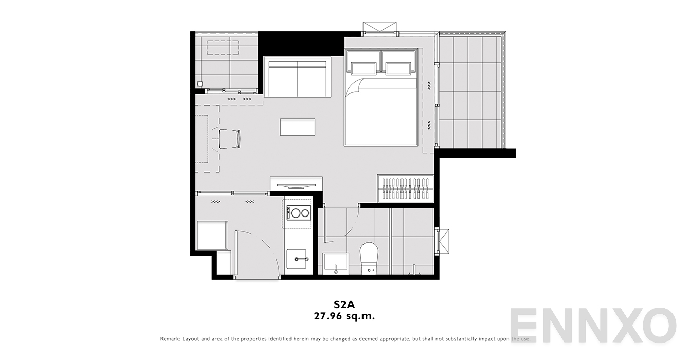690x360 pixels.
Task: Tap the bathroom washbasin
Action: tap(336, 263)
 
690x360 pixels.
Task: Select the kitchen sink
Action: tap(297, 259)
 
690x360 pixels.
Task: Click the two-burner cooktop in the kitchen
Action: tap(299, 213)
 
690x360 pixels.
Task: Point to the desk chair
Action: tap(229, 139)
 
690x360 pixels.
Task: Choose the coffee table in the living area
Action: tap(298, 127)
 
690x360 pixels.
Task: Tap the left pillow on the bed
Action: tap(364, 68)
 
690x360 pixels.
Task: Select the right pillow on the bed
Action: tap(398, 68)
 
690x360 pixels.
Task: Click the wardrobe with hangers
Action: tap(406, 189)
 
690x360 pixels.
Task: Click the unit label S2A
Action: tap(344, 304)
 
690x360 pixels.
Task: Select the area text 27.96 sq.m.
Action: tap(344, 316)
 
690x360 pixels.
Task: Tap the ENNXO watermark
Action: tap(593, 325)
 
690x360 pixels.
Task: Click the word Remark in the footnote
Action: tap(170, 339)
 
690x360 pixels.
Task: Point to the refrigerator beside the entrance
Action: tap(212, 235)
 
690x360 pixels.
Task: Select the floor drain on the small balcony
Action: tap(200, 83)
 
